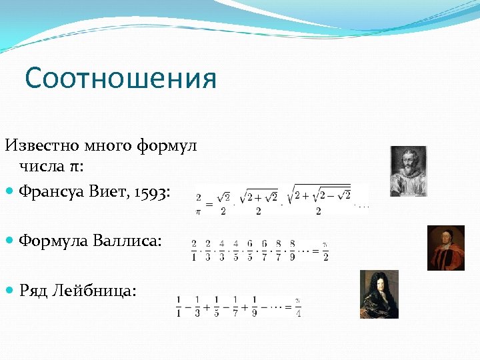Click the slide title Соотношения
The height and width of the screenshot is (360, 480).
[x=121, y=79]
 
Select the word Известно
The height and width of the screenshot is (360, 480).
[x=43, y=145]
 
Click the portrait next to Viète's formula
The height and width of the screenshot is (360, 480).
[x=408, y=171]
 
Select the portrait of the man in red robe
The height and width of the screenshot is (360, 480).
[x=446, y=247]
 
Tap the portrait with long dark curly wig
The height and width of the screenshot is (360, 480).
[x=379, y=294]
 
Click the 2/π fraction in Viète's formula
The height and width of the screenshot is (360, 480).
[x=199, y=204]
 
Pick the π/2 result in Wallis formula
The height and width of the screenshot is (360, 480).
[x=325, y=251]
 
